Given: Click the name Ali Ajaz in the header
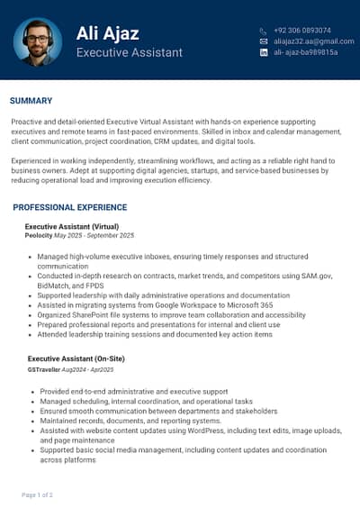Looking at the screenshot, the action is coord(107,34).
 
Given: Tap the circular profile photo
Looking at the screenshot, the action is coord(39,41).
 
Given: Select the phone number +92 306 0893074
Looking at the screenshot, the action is coord(301,31).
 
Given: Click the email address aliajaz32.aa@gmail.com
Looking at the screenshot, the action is coord(313,41).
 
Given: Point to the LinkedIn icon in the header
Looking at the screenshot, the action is coord(264,52).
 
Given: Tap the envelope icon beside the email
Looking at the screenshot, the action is coord(264,41).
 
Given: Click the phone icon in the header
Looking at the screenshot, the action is coord(264,31).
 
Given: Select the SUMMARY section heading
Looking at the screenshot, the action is coord(31,101).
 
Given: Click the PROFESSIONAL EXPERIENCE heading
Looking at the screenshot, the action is coord(69,208).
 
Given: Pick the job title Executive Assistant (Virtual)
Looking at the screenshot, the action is coord(72,226).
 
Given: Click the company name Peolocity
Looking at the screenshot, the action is coord(39,235).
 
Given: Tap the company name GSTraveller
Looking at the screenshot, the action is coord(44,369).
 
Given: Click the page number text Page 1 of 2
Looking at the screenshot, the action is coord(37,494).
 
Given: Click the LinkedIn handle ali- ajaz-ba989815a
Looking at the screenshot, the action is coord(306,52).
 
